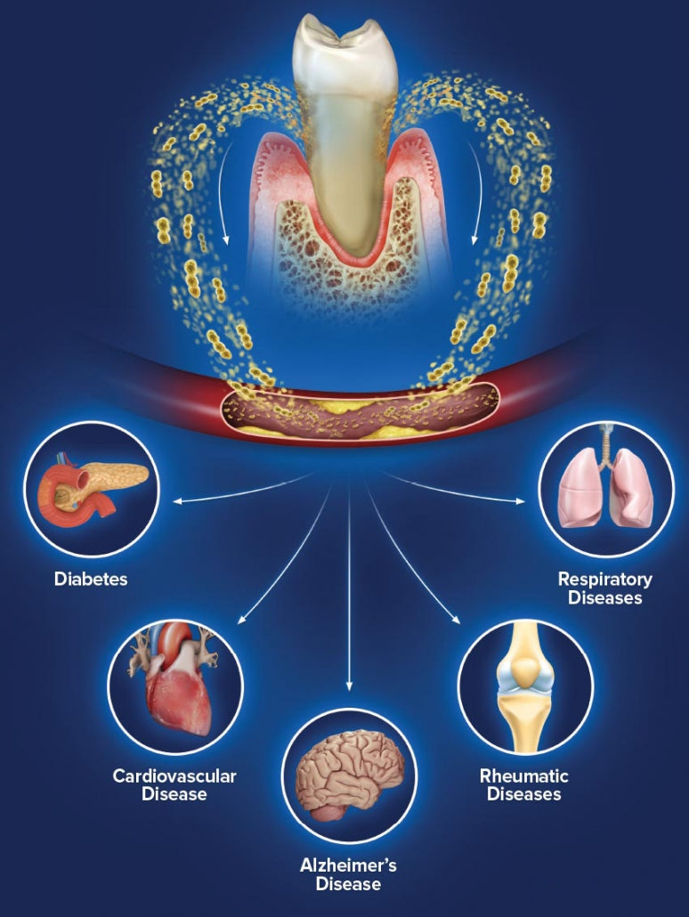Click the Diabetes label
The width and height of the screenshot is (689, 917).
coord(91,580)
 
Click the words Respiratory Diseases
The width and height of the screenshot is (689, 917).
coord(605,588)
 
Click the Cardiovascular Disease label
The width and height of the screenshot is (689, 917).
coord(174,784)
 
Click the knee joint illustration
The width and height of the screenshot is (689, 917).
coord(525,681)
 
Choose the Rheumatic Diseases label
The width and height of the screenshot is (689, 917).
coord(524,785)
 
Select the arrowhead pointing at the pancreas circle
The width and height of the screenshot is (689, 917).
coord(177,502)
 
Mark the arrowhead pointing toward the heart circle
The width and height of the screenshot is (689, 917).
coord(241,620)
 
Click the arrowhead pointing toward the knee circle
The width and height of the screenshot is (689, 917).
coord(457,620)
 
